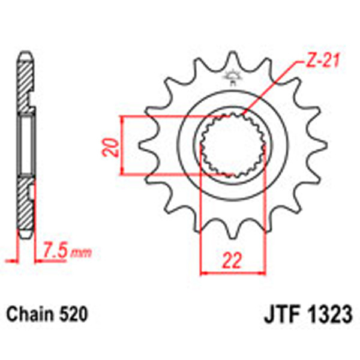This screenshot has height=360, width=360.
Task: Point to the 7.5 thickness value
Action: click(55, 250)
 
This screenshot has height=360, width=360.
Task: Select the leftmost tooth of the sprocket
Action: click(145, 145)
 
